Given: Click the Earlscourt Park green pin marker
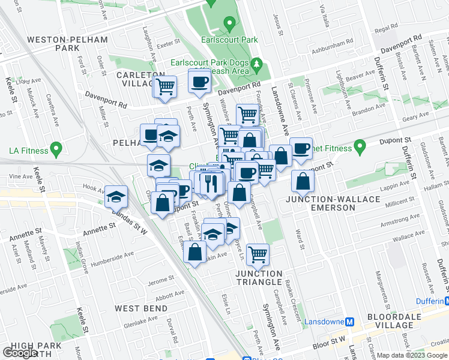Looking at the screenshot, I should (229, 25).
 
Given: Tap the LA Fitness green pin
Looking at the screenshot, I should (56, 147).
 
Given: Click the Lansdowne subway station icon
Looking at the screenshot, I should (350, 322).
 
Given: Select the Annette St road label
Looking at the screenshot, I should (98, 229).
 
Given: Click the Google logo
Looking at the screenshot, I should (20, 353).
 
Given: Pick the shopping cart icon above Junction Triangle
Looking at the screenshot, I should (258, 254).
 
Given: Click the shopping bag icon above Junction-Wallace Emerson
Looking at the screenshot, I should (304, 181).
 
